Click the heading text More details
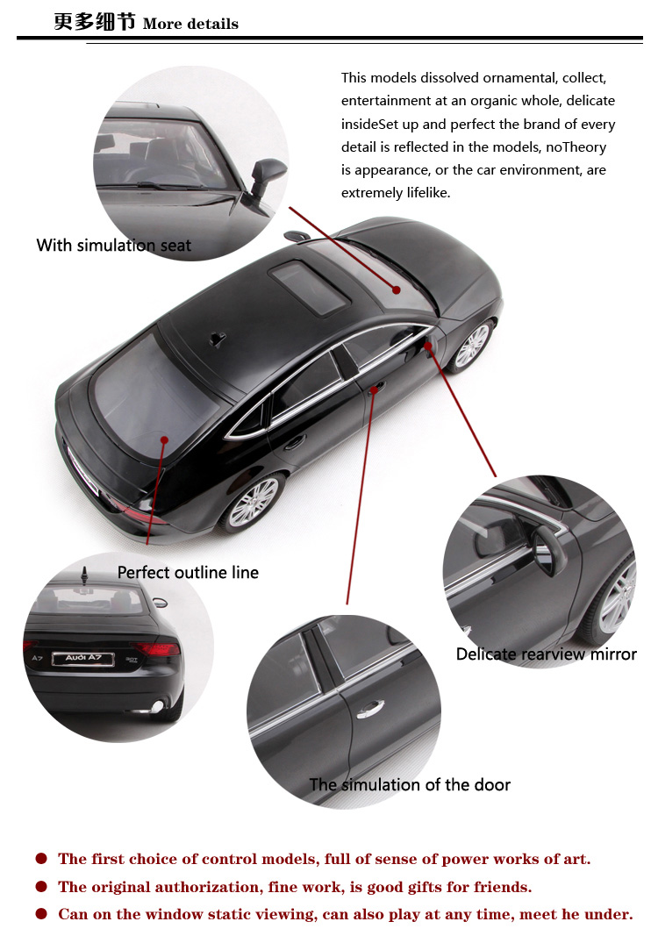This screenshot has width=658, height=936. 190,24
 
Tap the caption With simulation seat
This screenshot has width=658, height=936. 113,246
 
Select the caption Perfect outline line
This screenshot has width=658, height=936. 188,573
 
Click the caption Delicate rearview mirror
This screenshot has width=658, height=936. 547,654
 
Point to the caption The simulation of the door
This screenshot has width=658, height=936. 411,784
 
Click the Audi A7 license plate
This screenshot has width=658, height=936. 83,659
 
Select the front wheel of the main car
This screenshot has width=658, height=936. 472,346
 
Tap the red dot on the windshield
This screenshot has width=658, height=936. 396,290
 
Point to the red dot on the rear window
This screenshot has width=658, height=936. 164,440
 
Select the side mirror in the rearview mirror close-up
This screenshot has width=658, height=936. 550,549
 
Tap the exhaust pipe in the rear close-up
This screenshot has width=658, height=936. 156,707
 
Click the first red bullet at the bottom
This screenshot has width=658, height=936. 41,859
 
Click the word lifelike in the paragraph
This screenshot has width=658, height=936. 428,193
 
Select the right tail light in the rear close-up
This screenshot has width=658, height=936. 156,647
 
